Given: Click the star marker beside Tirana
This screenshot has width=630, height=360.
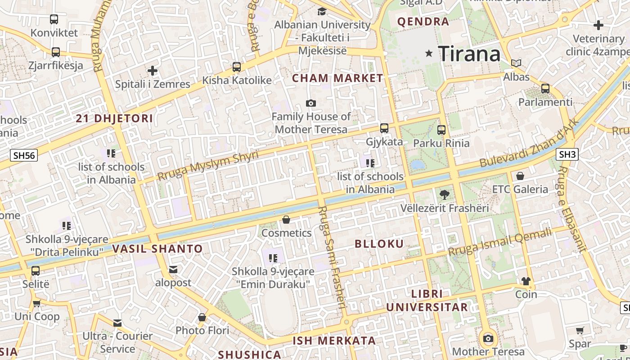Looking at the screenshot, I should [429, 54].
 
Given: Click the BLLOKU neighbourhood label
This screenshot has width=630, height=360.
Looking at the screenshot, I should [379, 244].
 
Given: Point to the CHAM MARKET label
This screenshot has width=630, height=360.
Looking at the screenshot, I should [337, 78].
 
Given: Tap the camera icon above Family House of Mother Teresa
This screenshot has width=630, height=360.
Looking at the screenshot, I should [310, 103].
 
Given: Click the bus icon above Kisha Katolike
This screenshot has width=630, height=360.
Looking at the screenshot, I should [237, 67].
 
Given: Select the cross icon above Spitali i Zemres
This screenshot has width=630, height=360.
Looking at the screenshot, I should [153, 71].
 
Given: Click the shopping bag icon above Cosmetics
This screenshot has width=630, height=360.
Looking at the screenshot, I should [286, 220].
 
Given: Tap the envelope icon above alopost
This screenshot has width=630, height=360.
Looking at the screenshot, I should [173, 270].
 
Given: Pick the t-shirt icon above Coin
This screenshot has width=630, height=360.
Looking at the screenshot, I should [526, 281].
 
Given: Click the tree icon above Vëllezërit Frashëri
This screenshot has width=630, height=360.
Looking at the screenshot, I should [445, 195].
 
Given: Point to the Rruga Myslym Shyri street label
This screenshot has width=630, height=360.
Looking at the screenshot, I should [208, 166].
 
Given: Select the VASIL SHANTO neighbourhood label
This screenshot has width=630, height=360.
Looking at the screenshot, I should [157, 249].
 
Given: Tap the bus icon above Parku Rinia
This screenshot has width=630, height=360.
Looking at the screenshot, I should [441, 130].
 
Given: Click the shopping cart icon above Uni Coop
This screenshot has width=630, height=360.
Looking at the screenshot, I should [37, 303].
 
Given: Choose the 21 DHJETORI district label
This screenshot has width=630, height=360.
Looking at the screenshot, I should [114, 119].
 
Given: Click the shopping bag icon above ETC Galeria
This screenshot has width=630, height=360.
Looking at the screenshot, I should [520, 175].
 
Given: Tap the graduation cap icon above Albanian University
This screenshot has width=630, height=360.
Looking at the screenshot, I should [322, 11].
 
